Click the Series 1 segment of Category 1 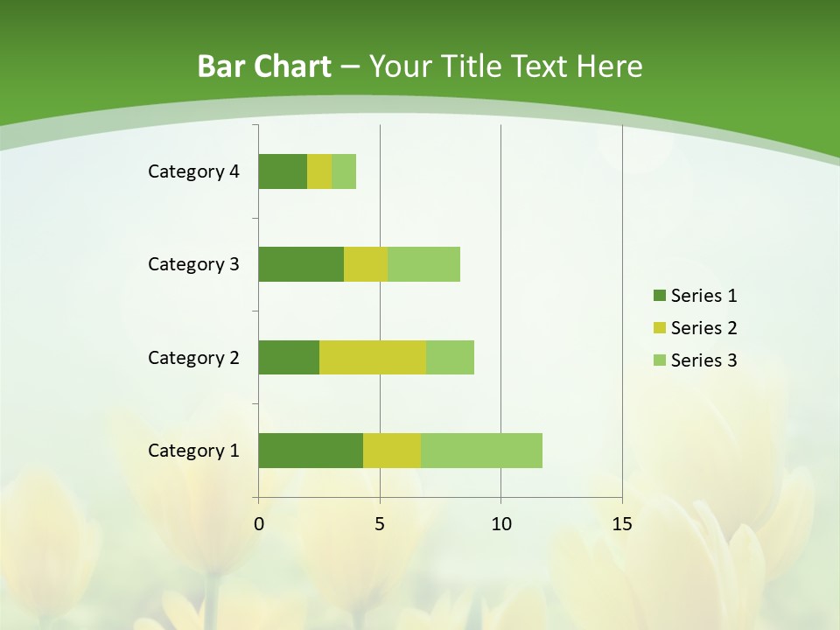tap(311, 451)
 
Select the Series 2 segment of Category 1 tap(392, 451)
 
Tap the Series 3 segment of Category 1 tap(481, 451)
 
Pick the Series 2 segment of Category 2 tap(373, 357)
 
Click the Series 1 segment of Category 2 tap(289, 357)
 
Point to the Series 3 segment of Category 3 tap(423, 264)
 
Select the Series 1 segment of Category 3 tap(301, 264)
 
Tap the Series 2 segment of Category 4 tap(319, 171)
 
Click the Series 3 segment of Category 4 tap(344, 171)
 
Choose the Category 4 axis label tap(193, 171)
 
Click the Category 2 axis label tap(193, 357)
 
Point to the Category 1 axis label tap(193, 451)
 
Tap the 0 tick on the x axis tap(259, 524)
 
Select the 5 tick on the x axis tap(380, 524)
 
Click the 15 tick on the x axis tap(622, 524)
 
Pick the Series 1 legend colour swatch tap(659, 296)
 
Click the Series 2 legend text tap(703, 328)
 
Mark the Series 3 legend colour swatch tap(659, 360)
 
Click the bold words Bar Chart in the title tap(264, 66)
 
